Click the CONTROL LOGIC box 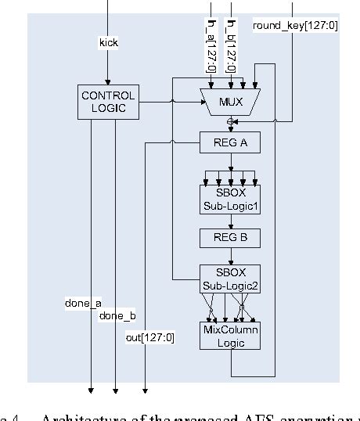coord(108,102)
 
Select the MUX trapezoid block coord(230,102)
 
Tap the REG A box coord(230,143)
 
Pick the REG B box coord(230,237)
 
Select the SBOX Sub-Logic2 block coord(230,279)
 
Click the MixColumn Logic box coord(230,336)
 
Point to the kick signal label coord(109,42)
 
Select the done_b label coord(117,315)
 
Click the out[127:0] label coord(149,337)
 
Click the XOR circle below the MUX coord(230,122)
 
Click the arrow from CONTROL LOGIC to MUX coord(168,102)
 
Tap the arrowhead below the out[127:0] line coord(146,389)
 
